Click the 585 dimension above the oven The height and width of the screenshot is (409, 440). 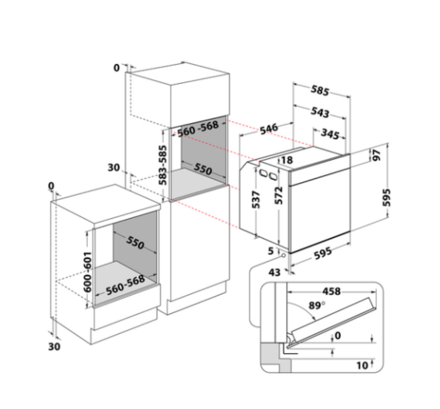click(320, 90)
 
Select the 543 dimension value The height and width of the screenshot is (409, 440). click(320, 112)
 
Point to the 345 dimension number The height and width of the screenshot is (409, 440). click(330, 134)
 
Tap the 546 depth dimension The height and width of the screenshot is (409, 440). click(269, 129)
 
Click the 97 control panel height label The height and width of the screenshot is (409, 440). click(377, 155)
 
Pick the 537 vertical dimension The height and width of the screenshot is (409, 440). click(256, 200)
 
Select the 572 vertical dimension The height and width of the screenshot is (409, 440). click(278, 195)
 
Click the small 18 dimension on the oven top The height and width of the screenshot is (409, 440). click(286, 160)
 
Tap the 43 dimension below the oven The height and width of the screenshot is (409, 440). click(274, 272)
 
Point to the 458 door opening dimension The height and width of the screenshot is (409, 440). click(331, 292)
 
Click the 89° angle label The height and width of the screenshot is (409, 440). click(317, 305)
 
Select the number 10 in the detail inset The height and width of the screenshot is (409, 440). click(362, 365)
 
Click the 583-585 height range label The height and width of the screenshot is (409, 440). click(162, 165)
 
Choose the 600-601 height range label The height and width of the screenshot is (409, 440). click(87, 272)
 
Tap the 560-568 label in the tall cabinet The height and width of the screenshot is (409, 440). click(198, 129)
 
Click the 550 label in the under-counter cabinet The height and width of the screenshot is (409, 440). click(135, 242)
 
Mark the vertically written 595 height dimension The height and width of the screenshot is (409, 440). click(386, 197)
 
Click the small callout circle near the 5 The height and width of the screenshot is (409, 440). click(283, 255)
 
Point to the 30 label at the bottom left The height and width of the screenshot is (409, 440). click(54, 347)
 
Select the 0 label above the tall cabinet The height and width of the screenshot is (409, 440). click(117, 68)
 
